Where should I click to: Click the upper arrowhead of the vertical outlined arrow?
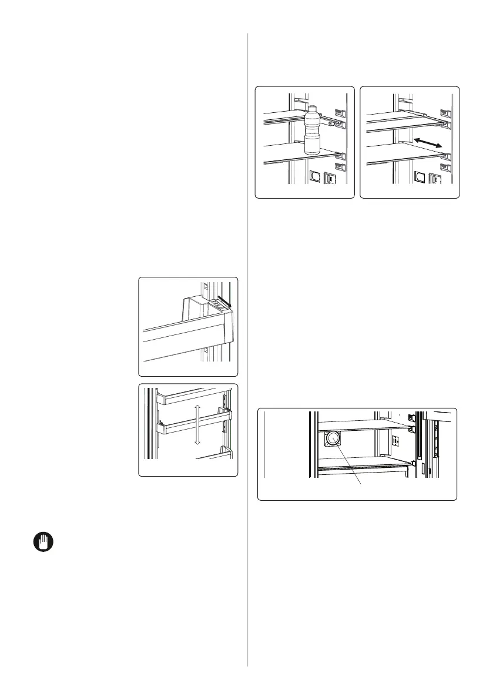[198, 406]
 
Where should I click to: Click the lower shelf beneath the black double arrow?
[405, 154]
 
